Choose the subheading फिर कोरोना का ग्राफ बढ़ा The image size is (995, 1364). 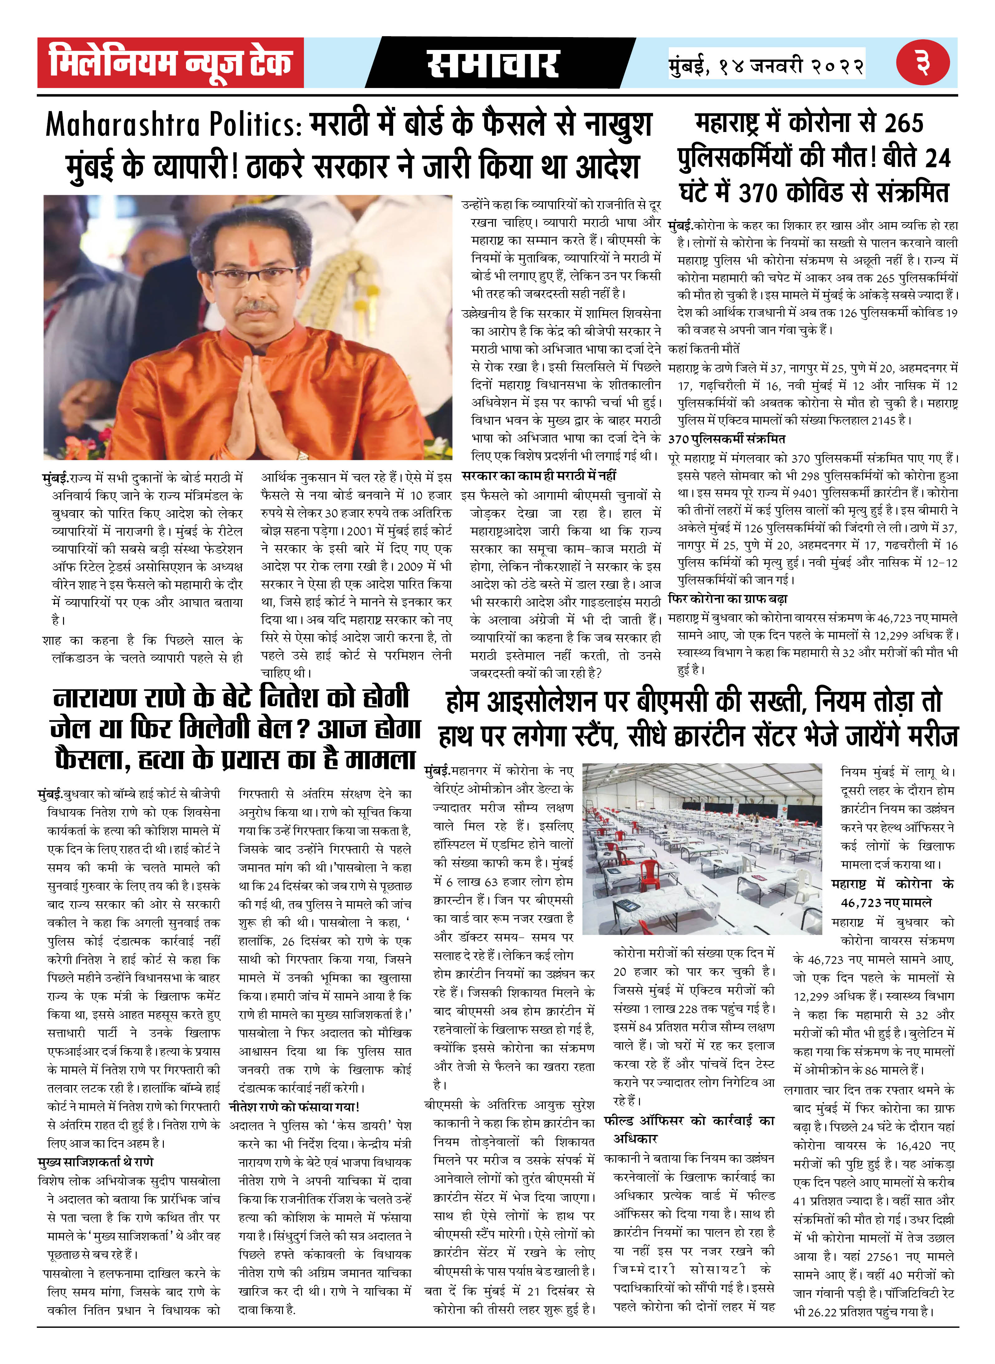728,599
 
